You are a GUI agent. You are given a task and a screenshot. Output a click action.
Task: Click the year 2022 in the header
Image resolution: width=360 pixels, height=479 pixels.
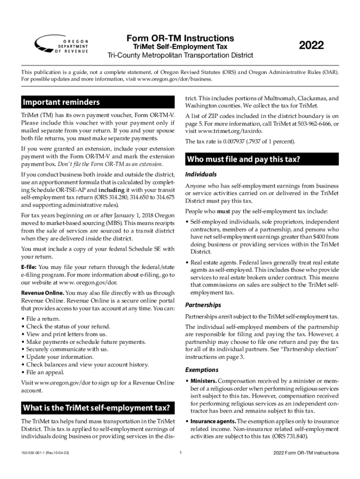[x=311, y=46]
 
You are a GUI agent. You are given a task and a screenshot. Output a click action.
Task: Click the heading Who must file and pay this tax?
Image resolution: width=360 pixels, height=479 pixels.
[x=243, y=160]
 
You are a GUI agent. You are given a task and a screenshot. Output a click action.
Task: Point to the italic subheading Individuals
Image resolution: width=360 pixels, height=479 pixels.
[x=201, y=174]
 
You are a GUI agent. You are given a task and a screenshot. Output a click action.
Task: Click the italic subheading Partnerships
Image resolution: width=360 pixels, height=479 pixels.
[x=203, y=305]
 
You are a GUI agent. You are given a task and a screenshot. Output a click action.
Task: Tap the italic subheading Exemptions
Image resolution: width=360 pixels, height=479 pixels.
[x=202, y=370]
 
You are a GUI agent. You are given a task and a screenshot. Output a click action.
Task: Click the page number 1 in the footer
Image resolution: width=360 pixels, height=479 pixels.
[x=180, y=453]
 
